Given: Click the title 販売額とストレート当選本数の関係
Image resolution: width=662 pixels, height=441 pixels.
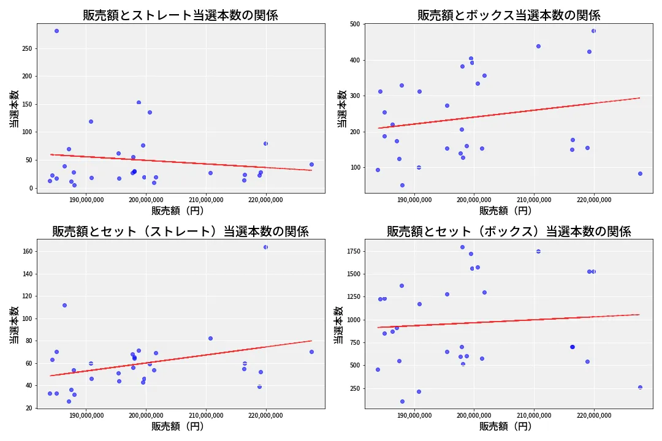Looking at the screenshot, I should [x=180, y=15].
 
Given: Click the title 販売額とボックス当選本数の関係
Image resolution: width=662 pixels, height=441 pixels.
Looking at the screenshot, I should [x=509, y=15].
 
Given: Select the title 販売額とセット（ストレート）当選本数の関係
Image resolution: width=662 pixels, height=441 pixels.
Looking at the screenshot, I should [x=180, y=232].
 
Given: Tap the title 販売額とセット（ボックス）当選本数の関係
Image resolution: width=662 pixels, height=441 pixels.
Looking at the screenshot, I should [x=509, y=232].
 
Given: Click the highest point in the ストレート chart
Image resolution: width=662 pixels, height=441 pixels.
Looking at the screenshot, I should [x=56, y=31].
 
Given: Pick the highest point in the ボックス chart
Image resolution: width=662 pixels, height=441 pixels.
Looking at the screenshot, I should [x=593, y=31].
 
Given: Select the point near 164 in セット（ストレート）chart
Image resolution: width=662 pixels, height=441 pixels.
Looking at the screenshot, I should [x=265, y=247].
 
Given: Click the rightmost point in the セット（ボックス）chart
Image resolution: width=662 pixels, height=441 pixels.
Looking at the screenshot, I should [x=640, y=387].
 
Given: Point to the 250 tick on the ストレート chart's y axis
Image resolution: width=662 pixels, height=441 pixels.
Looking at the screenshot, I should [x=28, y=48].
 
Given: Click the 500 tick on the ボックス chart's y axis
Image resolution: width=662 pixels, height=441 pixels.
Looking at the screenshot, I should [x=355, y=24].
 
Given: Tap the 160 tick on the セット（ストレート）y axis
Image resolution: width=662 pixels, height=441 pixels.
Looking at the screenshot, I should [x=28, y=251].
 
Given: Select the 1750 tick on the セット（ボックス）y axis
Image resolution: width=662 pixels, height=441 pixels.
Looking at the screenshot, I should [x=352, y=251].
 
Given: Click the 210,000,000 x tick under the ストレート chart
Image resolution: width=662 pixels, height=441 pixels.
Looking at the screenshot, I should [x=206, y=200].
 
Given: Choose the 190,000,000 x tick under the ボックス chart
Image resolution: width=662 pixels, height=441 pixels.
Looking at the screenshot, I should [x=415, y=200].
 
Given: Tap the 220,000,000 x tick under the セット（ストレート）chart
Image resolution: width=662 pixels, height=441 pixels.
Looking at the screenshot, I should [x=266, y=416].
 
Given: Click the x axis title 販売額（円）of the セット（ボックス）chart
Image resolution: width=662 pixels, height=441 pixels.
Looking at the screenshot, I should [x=505, y=427].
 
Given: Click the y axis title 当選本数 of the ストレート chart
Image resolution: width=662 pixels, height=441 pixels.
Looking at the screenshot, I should [x=14, y=108].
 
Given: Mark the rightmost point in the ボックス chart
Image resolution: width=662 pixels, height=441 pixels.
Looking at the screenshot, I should [x=640, y=173].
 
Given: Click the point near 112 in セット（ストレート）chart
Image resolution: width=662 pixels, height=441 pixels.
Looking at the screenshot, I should [x=64, y=305].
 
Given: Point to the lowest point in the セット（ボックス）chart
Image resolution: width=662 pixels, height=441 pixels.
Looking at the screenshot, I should [x=402, y=402].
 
